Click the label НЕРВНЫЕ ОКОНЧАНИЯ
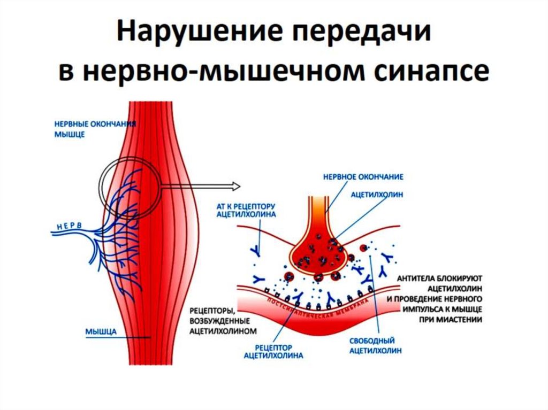click(x=94, y=124)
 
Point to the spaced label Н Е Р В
click(x=67, y=226)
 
